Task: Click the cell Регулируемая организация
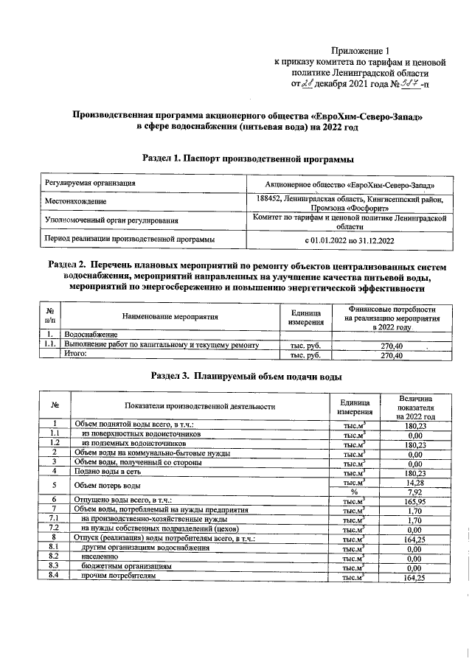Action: [89, 182]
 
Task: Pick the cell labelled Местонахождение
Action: [74, 201]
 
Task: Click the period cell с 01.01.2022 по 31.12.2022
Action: [350, 240]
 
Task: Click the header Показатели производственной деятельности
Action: [200, 405]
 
